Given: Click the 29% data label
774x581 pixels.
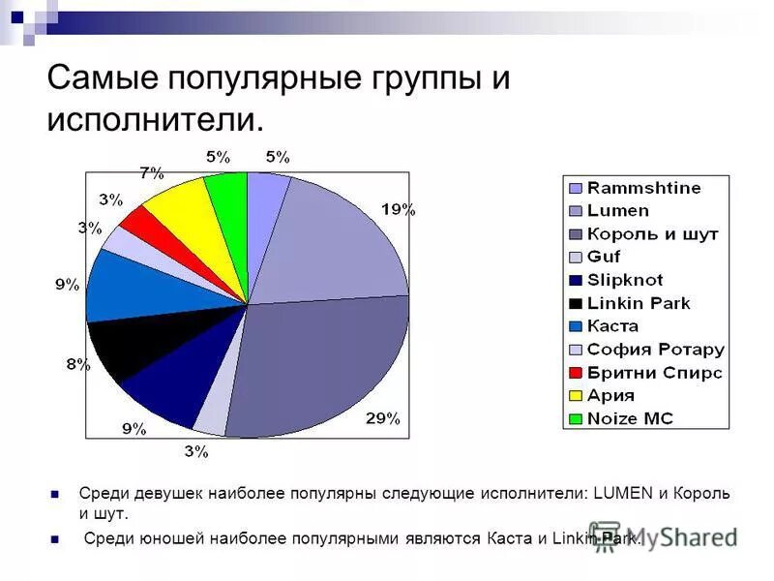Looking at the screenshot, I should (382, 418).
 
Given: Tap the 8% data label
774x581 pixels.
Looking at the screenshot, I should (78, 364).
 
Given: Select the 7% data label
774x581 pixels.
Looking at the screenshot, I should (152, 173).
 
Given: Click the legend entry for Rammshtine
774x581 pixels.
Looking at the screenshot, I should (643, 188).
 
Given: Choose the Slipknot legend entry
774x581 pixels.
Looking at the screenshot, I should (624, 280).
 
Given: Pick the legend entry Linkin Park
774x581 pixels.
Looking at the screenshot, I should (639, 303).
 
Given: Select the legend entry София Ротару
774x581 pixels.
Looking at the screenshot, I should (655, 350).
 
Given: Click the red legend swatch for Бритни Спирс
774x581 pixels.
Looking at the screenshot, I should (576, 373).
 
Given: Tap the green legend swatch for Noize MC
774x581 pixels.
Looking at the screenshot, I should (576, 419).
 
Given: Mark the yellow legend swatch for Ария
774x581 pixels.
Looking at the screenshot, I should (576, 396).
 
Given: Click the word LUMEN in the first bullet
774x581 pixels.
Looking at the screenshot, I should (620, 494).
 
